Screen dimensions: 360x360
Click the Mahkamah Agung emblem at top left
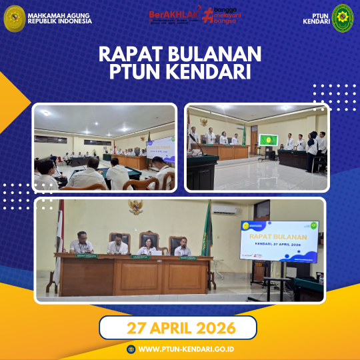[x=14, y=18]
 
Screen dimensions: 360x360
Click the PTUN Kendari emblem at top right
[x=343, y=17]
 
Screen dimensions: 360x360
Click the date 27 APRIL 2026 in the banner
[x=178, y=328]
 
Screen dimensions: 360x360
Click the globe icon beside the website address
[x=131, y=349]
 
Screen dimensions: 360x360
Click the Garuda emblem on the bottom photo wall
[x=137, y=207]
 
